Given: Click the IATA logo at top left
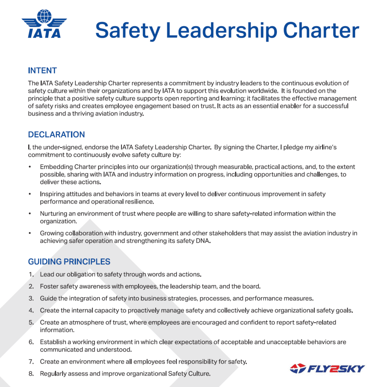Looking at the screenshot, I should pyautogui.click(x=44, y=24).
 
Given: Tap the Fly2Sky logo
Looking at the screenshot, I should pyautogui.click(x=327, y=368).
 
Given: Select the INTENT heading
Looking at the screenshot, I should pyautogui.click(x=42, y=71).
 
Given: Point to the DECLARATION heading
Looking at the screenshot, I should pyautogui.click(x=56, y=135).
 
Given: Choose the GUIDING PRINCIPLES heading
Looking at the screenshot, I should pyautogui.click(x=69, y=262).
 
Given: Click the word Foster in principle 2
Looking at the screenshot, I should pyautogui.click(x=49, y=286).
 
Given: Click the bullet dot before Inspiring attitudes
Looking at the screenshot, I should pyautogui.click(x=30, y=194).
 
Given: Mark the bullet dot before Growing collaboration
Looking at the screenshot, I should pyautogui.click(x=30, y=233).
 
